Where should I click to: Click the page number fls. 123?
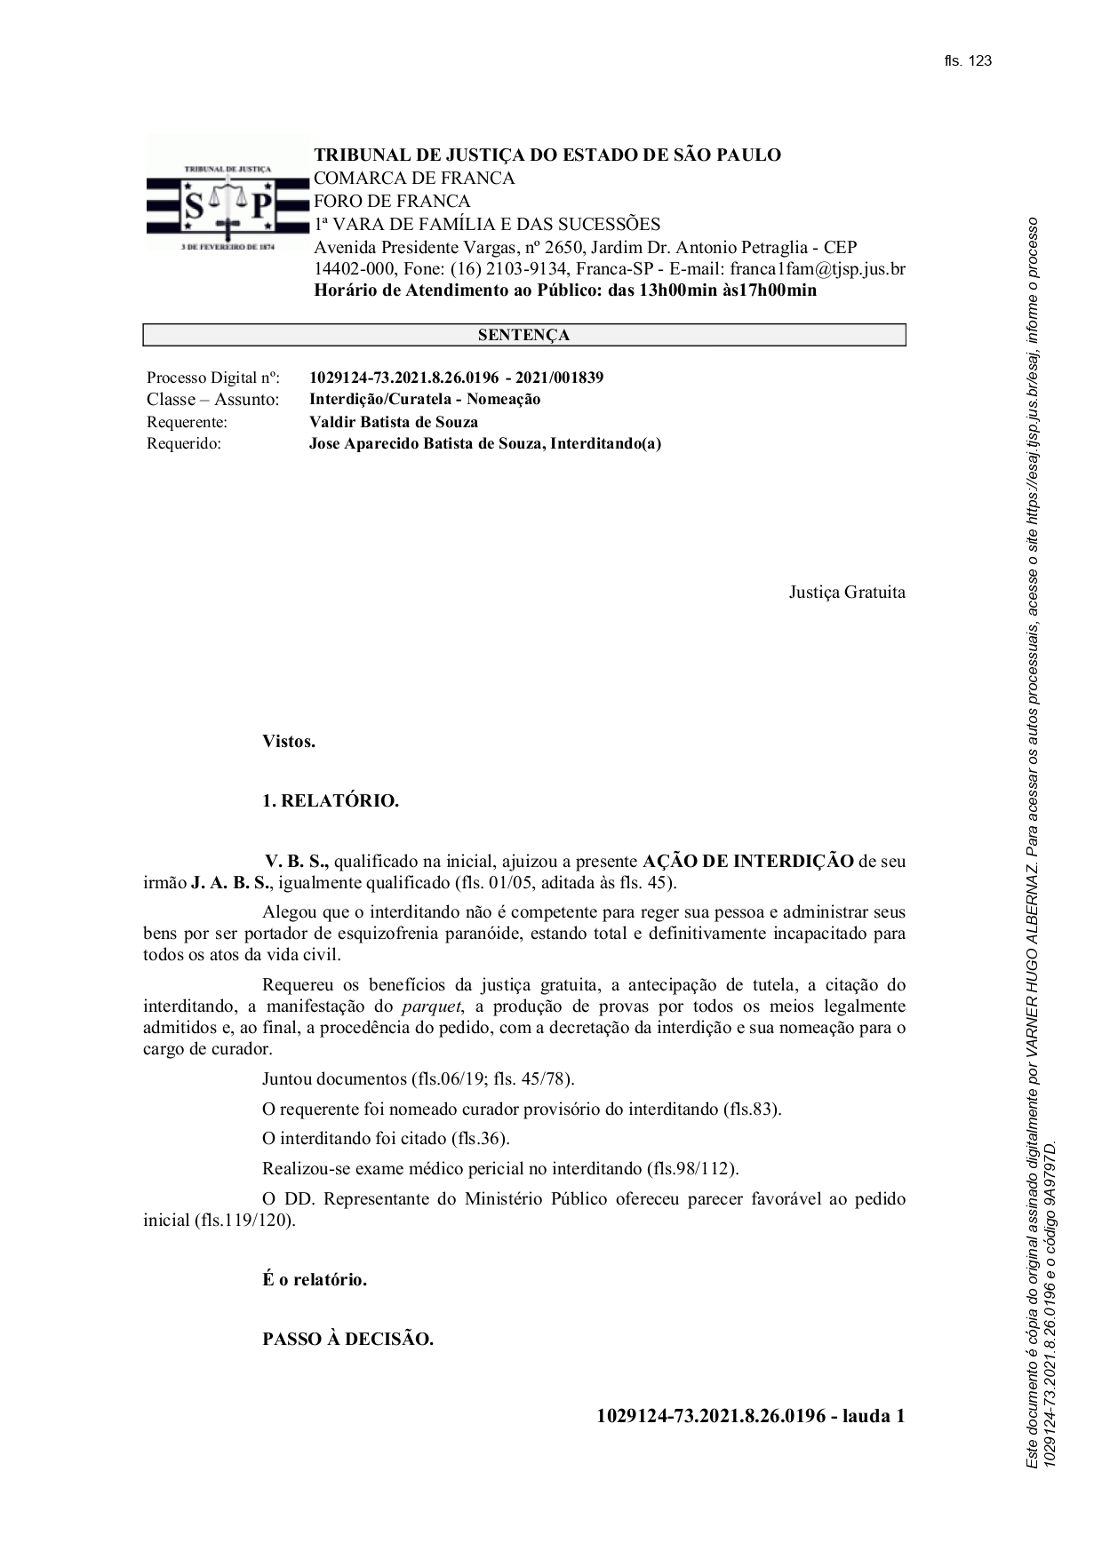tap(967, 61)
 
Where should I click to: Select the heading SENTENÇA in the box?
tap(523, 335)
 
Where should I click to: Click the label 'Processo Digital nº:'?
tap(213, 378)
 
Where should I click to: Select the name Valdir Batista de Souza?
tap(393, 422)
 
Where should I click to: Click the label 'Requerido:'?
tap(184, 443)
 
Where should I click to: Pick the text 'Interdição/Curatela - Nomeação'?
tap(425, 400)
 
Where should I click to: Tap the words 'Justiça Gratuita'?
tap(847, 592)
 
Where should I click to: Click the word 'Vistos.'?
tap(289, 741)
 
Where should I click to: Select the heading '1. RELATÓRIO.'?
tap(331, 800)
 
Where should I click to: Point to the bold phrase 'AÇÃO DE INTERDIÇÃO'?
tap(747, 861)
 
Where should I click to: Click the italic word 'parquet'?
tap(432, 1006)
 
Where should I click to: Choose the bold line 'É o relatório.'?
tap(315, 1280)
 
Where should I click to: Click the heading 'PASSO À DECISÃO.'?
tap(347, 1339)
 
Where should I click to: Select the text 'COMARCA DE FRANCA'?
tap(414, 178)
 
